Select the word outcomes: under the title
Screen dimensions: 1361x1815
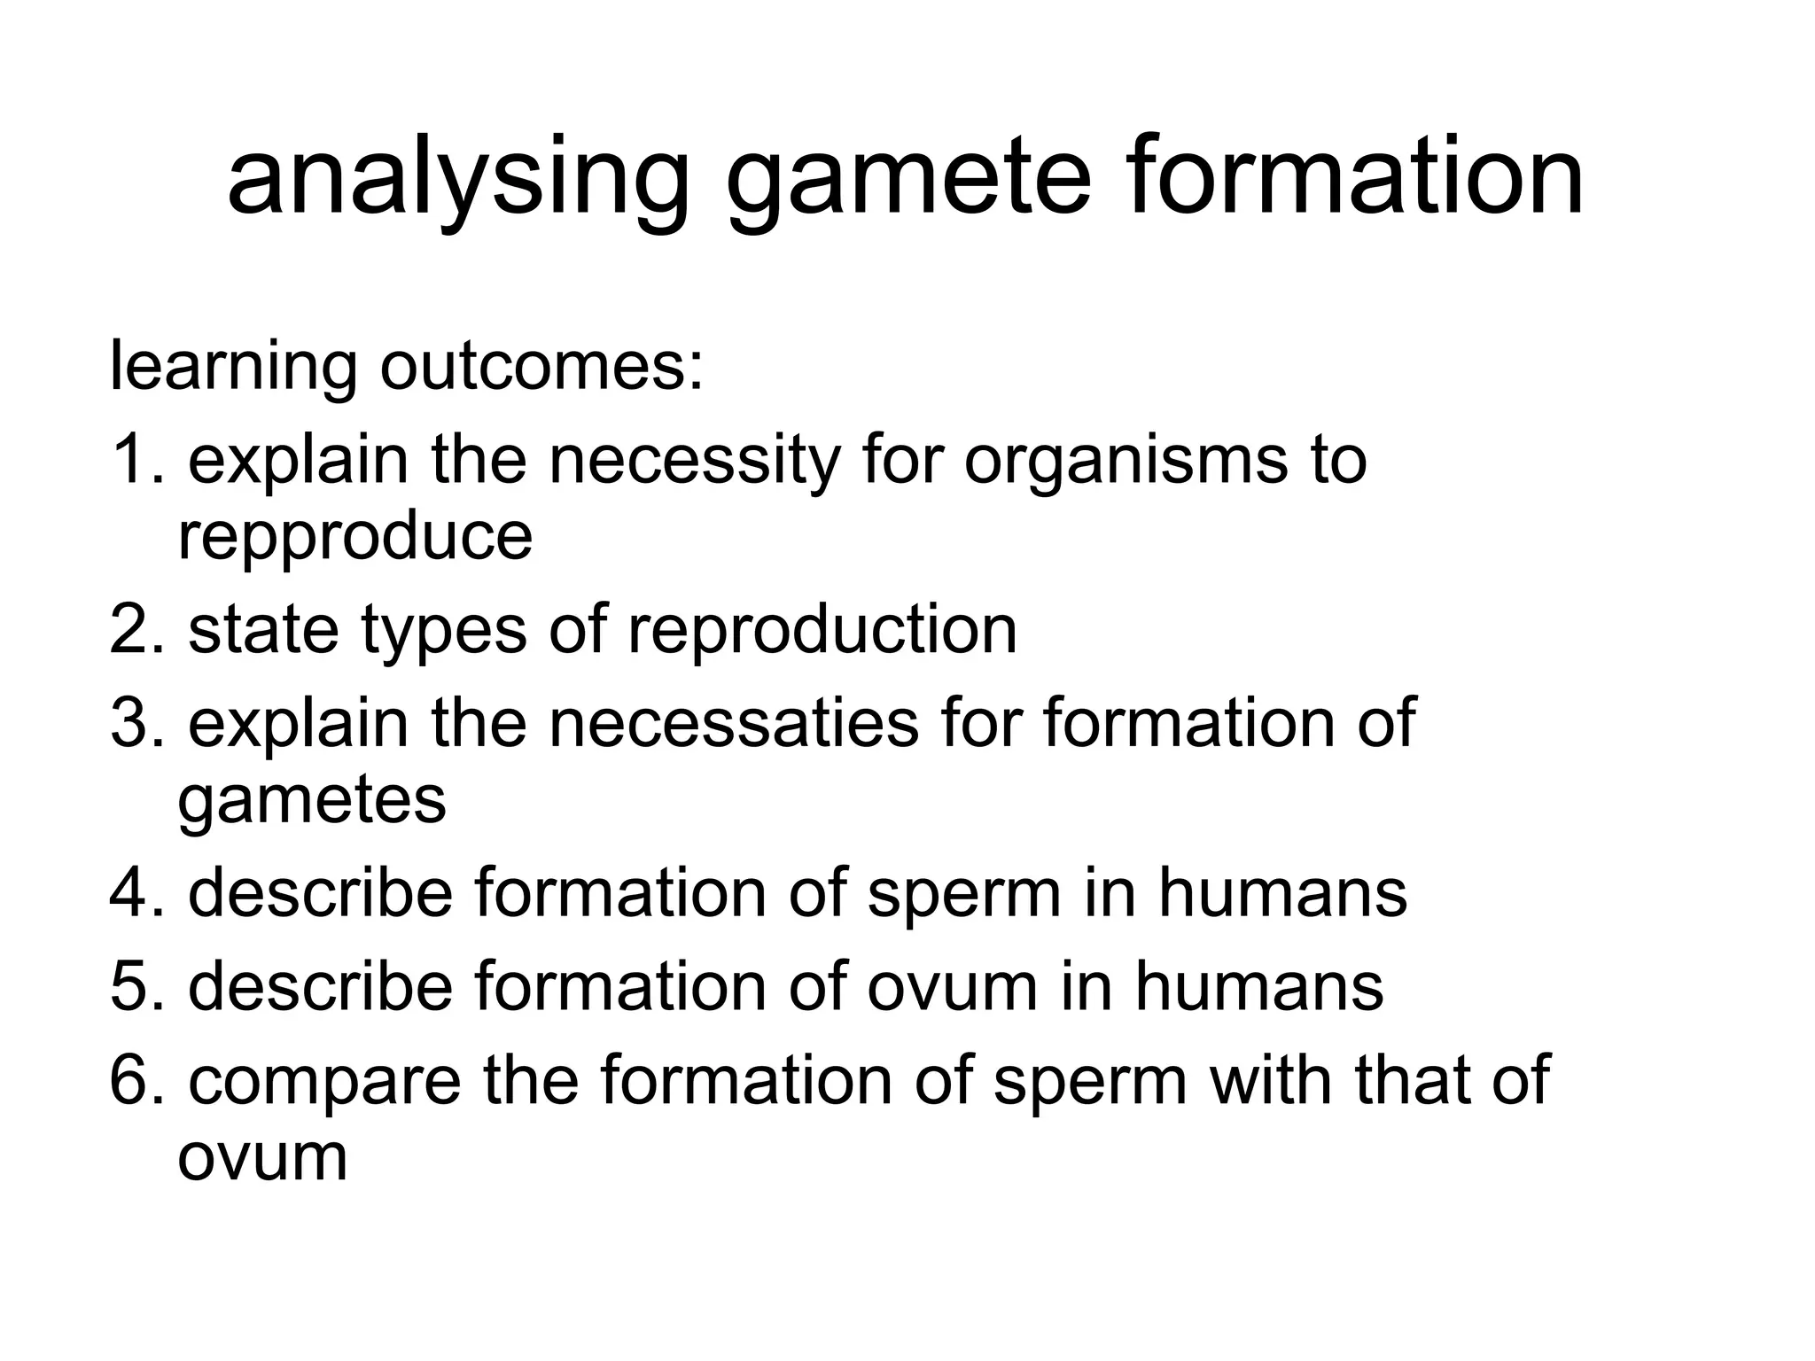(x=541, y=366)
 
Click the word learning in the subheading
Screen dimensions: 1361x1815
(x=233, y=366)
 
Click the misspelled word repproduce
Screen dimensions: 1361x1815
(x=354, y=536)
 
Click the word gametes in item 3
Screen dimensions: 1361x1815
(x=312, y=800)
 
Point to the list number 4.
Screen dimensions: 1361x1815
(x=135, y=892)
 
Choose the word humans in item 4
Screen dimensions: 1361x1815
(x=1282, y=892)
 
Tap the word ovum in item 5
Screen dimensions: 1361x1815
(x=952, y=985)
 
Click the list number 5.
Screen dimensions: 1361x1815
(x=135, y=985)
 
